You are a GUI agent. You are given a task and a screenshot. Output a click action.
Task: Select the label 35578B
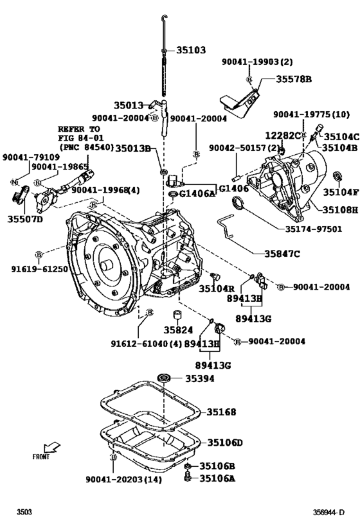coord(294,79)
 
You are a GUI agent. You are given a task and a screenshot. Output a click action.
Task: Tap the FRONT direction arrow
coord(46,449)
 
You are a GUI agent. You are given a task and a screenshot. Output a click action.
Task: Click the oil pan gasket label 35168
coord(221,412)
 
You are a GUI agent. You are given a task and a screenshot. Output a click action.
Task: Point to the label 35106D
coord(225,443)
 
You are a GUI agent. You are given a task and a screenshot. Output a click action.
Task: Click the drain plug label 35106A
coord(217,478)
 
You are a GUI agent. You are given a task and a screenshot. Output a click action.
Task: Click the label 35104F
coord(341,191)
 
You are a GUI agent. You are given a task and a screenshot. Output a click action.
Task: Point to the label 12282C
coord(283,136)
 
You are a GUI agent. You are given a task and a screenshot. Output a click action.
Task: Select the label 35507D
coord(25,219)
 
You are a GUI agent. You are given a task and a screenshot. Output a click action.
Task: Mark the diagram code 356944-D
coord(329,513)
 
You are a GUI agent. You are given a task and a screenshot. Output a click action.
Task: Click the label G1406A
coord(199,193)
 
